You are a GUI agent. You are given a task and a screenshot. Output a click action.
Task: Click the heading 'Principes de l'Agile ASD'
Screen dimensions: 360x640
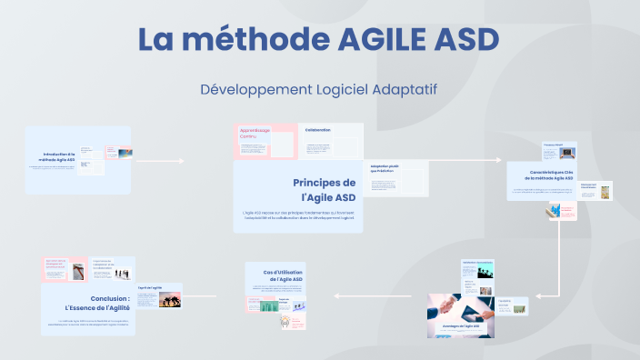pos(324,189)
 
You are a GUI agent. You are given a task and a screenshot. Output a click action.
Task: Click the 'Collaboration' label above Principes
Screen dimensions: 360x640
pos(318,130)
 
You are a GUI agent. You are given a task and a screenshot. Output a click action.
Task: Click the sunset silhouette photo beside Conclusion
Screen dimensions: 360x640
pos(170,299)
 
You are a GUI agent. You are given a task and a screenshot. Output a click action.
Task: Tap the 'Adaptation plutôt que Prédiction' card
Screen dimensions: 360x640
pos(398,177)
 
